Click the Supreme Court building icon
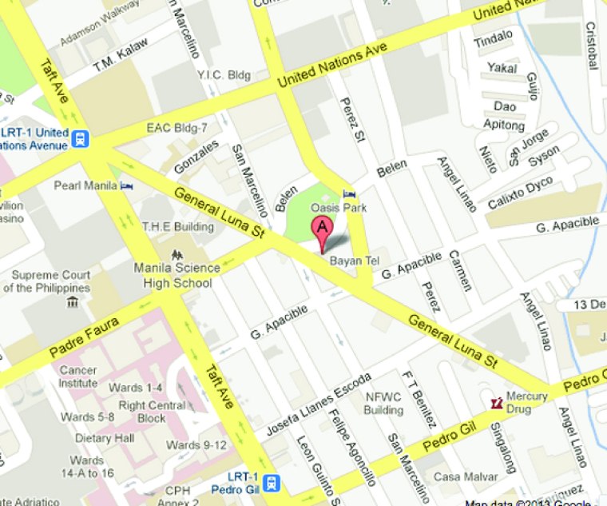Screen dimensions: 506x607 (x=73, y=301)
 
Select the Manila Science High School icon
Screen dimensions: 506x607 (x=175, y=255)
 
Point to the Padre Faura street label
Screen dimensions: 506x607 (x=84, y=338)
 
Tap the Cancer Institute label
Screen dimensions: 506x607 (x=78, y=377)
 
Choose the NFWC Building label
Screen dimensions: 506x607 (x=383, y=404)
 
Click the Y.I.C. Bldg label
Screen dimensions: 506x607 (x=224, y=74)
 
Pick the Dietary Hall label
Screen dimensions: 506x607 (x=105, y=438)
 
